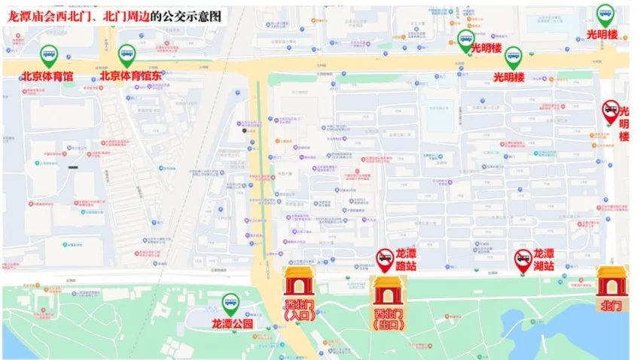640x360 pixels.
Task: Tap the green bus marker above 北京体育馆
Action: (x=49, y=54)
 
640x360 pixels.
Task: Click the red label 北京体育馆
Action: (x=47, y=75)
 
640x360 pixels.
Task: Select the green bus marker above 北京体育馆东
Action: (x=126, y=54)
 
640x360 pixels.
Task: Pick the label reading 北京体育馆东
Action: (x=131, y=75)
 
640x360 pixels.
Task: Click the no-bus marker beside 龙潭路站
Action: (x=385, y=260)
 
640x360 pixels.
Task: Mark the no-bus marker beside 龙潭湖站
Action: (x=523, y=260)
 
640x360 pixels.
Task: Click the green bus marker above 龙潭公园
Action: (x=230, y=304)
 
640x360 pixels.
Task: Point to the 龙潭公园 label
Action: (x=232, y=325)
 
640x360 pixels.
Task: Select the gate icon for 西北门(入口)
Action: (x=298, y=281)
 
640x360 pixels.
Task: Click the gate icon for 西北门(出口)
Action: (x=388, y=291)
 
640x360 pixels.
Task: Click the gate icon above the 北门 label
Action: (x=611, y=280)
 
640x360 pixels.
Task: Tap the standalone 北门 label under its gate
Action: (x=611, y=305)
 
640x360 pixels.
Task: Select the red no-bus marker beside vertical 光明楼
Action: (x=611, y=111)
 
